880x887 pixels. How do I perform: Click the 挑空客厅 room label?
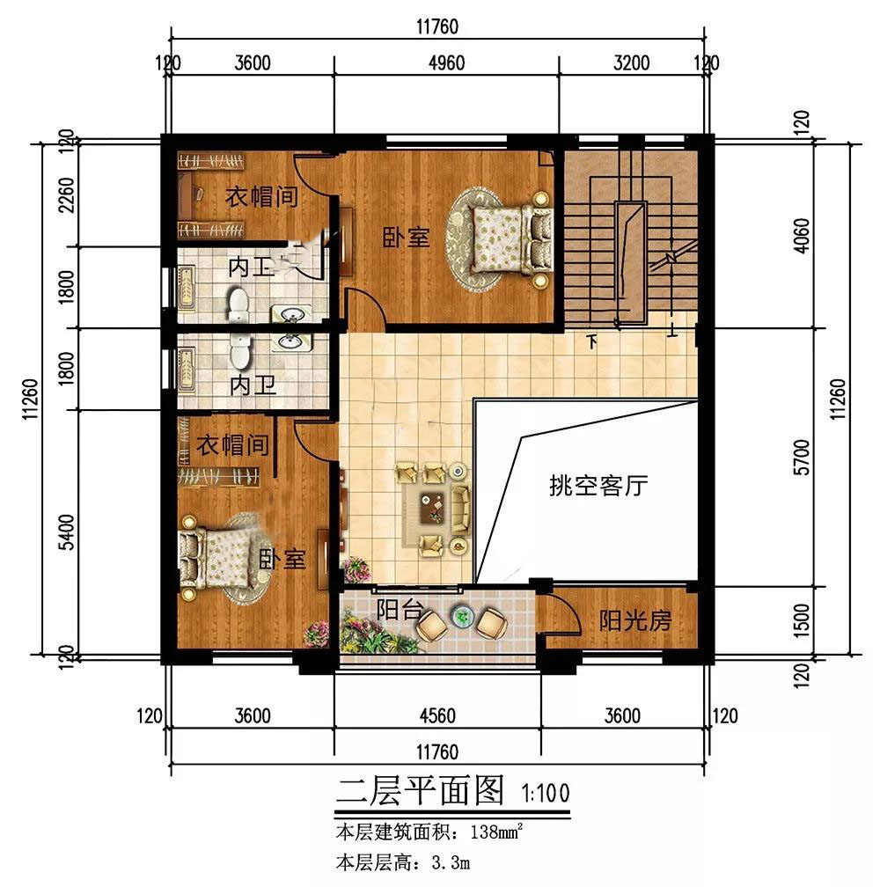click(x=598, y=486)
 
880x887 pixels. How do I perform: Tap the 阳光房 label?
click(x=635, y=620)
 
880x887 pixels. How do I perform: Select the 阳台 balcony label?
click(x=400, y=609)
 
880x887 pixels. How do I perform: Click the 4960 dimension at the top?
click(x=446, y=62)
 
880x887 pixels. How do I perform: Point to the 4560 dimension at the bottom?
click(x=437, y=715)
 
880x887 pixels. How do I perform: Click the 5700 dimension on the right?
click(x=802, y=457)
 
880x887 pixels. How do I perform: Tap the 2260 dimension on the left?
click(x=66, y=195)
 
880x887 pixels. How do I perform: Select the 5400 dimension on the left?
click(x=66, y=531)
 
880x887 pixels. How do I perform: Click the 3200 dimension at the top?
click(x=631, y=62)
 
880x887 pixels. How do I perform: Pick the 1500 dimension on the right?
click(x=802, y=620)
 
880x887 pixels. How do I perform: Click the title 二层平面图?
click(x=420, y=790)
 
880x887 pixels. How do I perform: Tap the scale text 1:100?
click(x=546, y=793)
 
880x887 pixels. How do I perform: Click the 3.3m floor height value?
click(x=451, y=863)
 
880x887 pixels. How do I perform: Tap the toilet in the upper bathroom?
click(x=239, y=304)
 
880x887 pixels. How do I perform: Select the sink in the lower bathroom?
click(x=290, y=341)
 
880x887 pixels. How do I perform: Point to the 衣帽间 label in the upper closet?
click(x=262, y=197)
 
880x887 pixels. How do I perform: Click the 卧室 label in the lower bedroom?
click(x=282, y=559)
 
